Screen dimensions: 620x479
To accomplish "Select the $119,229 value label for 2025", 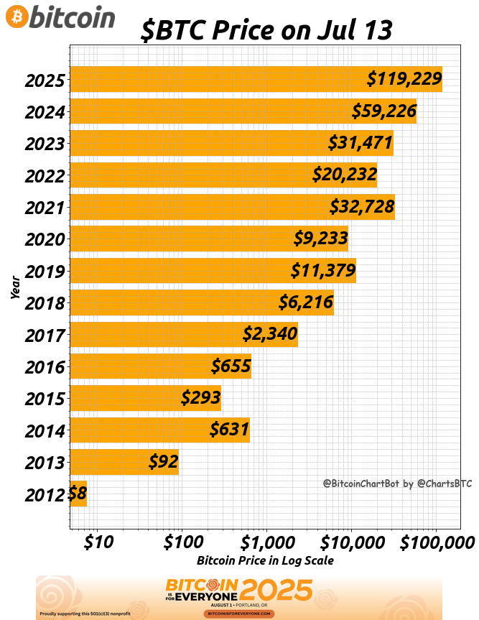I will [404, 79].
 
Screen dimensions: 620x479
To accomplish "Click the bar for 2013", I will [124, 462].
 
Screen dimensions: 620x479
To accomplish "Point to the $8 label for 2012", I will [77, 494].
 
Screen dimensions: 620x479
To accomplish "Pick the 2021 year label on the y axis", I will [45, 208].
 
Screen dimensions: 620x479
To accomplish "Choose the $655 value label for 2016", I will [231, 366].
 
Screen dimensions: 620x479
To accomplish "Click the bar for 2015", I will [145, 398].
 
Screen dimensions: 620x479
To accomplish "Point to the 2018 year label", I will [45, 303].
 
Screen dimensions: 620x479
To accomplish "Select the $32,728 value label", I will [362, 207].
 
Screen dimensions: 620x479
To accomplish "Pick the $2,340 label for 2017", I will [270, 334].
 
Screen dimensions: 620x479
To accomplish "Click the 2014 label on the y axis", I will [45, 431].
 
